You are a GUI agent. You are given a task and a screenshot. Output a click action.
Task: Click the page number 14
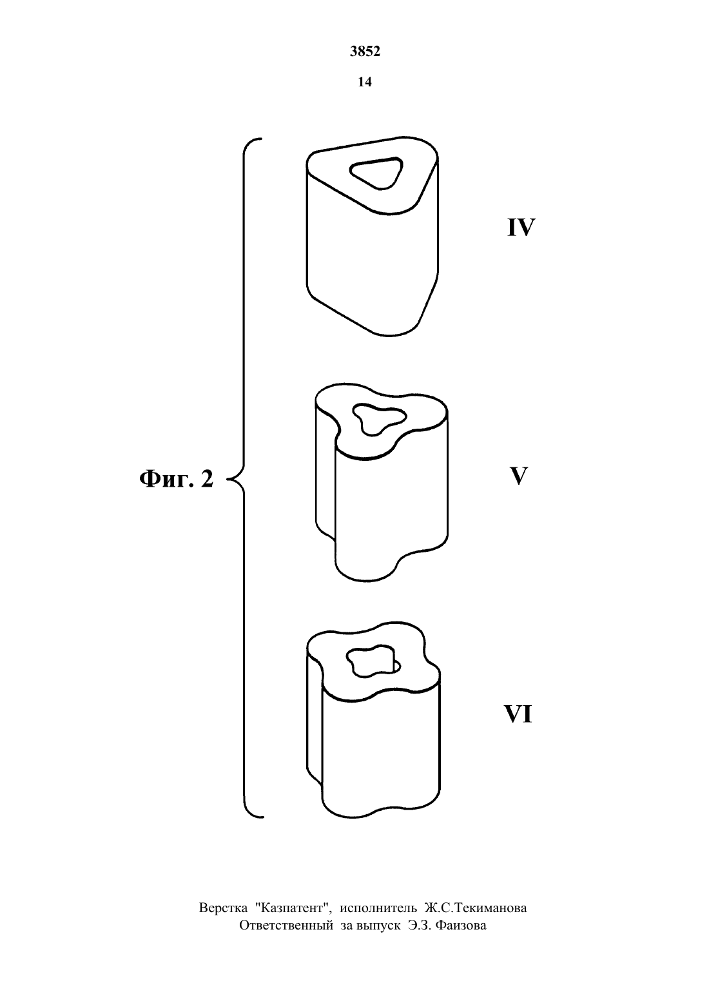365,82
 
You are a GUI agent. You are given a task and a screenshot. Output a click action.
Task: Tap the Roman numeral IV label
521,228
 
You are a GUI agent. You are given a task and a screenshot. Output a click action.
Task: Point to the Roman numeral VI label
518,714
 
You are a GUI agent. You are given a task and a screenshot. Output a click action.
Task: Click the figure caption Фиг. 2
177,479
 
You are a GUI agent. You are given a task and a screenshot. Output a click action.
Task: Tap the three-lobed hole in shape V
379,418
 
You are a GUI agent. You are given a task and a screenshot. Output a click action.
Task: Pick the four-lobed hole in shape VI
373,662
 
